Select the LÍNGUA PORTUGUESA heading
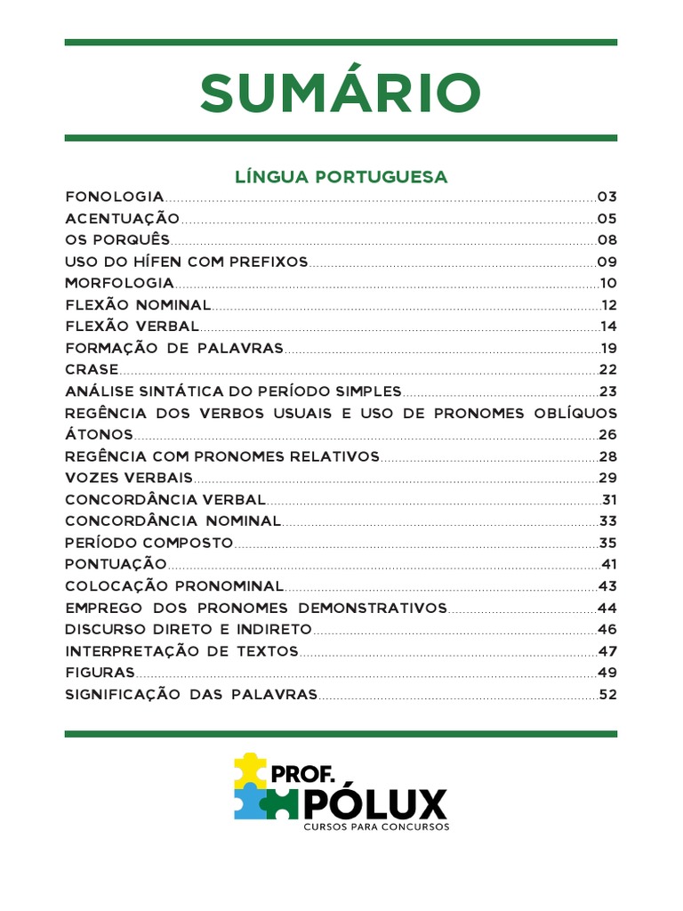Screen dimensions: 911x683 341,177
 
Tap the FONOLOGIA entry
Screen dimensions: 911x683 115,197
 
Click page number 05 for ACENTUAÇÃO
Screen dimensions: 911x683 607,219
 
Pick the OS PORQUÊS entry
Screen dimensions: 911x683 117,240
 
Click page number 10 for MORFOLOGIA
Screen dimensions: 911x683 608,284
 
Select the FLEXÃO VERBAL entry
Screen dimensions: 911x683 132,327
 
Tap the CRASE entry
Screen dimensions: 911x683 92,370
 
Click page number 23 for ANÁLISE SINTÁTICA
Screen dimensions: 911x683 608,391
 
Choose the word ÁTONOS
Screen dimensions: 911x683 100,435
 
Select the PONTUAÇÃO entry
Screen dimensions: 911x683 116,564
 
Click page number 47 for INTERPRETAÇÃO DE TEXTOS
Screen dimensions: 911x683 608,651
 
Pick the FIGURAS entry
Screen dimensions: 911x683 100,673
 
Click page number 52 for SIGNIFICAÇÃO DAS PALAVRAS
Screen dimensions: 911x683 608,694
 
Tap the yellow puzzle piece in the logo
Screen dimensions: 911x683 249,769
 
